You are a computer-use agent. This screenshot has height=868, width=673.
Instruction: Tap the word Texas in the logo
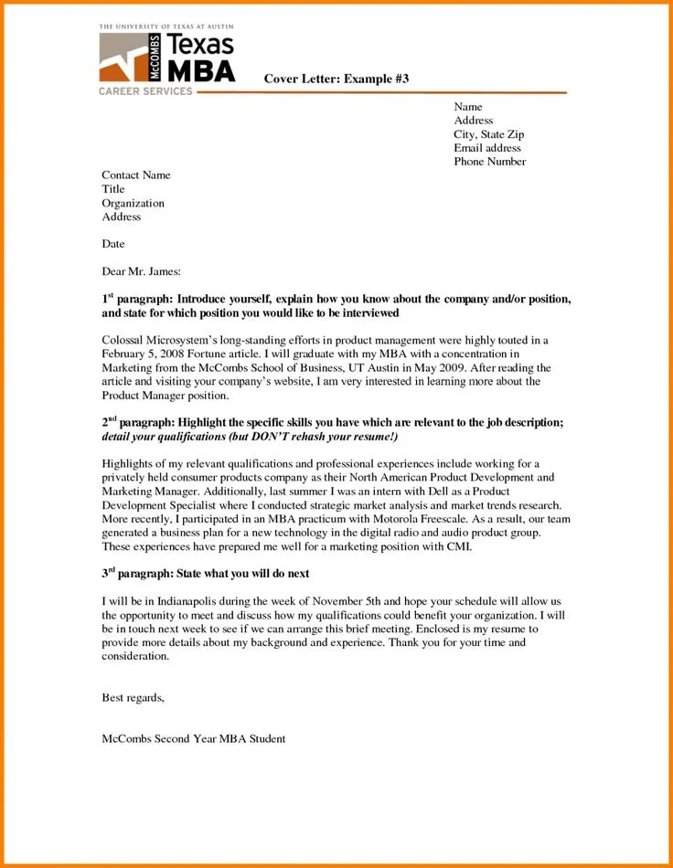point(201,45)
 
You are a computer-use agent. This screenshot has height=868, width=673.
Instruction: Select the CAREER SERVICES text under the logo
point(145,91)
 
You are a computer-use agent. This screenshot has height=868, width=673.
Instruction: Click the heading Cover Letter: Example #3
point(336,79)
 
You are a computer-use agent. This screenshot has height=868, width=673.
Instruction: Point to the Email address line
point(487,148)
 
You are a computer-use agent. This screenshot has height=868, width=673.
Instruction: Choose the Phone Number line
point(489,162)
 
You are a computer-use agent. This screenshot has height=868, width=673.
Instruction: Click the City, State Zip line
point(488,134)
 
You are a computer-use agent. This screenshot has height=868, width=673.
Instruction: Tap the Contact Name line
point(135,175)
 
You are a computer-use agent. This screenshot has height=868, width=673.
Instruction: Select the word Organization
point(133,204)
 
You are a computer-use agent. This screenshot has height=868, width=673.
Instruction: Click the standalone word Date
point(113,245)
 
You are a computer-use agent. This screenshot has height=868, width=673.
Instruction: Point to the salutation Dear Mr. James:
point(141,271)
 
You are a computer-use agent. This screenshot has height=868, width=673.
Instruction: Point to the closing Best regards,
point(133,698)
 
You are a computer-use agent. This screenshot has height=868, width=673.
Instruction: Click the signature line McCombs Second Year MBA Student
point(194,738)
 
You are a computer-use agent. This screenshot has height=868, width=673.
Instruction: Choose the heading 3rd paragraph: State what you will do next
point(205,574)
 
